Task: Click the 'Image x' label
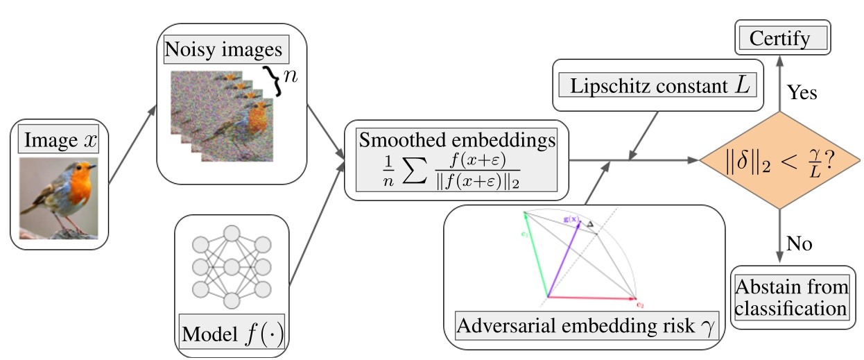61,141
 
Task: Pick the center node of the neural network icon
232,266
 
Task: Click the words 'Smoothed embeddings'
456,140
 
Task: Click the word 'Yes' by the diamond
803,93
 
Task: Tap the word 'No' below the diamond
799,243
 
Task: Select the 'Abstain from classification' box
791,298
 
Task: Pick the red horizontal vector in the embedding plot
589,298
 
